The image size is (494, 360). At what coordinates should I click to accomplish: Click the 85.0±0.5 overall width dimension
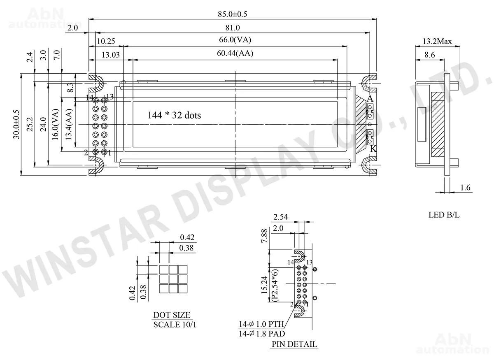(x=233, y=14)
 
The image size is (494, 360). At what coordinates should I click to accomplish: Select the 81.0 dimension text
(x=233, y=28)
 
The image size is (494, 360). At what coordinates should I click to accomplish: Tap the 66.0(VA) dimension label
(x=235, y=40)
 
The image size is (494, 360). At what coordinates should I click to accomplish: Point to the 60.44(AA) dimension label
(x=235, y=53)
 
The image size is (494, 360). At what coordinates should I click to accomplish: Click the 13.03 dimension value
(x=110, y=55)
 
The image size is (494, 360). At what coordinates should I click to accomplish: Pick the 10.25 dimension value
(x=106, y=41)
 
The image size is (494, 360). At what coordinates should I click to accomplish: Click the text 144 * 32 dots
(x=174, y=115)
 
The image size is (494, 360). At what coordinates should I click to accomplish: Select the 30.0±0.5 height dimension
(x=16, y=124)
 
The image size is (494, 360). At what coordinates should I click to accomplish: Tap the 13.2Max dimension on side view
(x=437, y=41)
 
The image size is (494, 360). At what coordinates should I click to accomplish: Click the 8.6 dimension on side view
(x=430, y=55)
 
